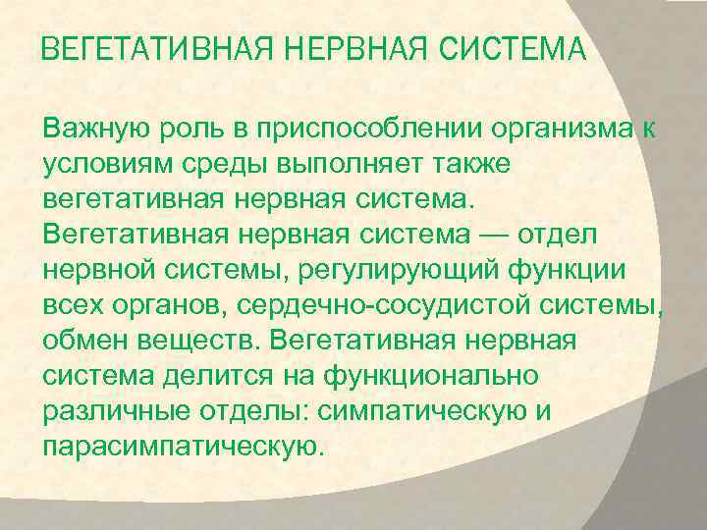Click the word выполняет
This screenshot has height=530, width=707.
coord(345,165)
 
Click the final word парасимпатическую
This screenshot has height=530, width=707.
coord(182,448)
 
